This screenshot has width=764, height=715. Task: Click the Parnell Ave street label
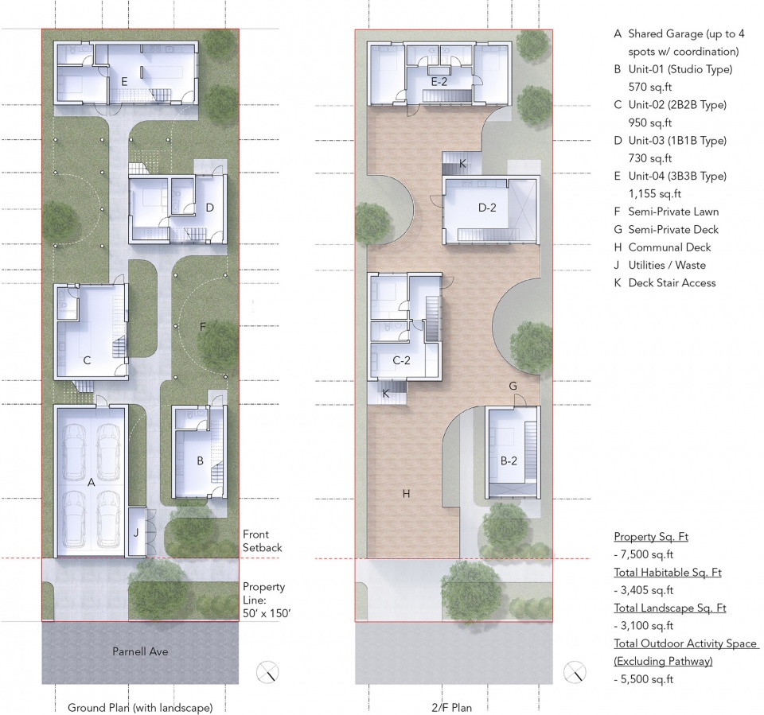pyautogui.click(x=140, y=651)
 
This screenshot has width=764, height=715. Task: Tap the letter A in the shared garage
pyautogui.click(x=91, y=483)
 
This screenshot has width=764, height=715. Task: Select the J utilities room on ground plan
pyautogui.click(x=136, y=532)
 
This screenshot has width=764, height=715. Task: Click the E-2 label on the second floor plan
pyautogui.click(x=439, y=82)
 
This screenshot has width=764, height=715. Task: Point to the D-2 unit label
pyautogui.click(x=487, y=208)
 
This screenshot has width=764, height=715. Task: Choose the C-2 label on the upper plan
pyautogui.click(x=401, y=360)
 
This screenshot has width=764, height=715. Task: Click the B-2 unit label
pyautogui.click(x=509, y=460)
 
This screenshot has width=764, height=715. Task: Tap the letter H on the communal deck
pyautogui.click(x=407, y=494)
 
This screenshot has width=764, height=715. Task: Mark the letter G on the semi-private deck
pyautogui.click(x=513, y=387)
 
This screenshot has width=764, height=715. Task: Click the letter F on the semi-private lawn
pyautogui.click(x=203, y=327)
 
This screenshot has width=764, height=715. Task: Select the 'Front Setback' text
pyautogui.click(x=262, y=541)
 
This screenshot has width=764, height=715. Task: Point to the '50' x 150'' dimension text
pyautogui.click(x=267, y=613)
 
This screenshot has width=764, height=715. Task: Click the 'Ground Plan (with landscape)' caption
pyautogui.click(x=140, y=708)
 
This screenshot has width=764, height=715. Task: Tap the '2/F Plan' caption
pyautogui.click(x=452, y=708)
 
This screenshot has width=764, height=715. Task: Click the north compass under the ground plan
pyautogui.click(x=267, y=672)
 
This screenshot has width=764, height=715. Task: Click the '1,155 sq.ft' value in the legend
pyautogui.click(x=654, y=194)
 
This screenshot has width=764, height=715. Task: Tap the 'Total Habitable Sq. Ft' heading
pyautogui.click(x=668, y=573)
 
